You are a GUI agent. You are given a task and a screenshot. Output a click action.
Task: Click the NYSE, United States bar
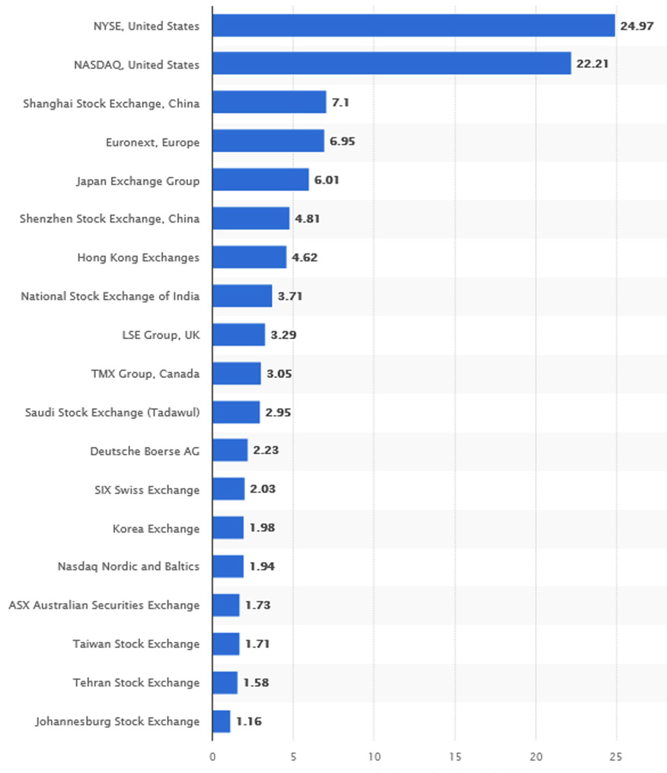413,26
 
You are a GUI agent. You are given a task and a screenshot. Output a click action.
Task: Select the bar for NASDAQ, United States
391,64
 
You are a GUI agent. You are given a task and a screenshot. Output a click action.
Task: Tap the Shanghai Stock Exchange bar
269,103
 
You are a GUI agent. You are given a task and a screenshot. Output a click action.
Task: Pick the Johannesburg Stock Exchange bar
221,721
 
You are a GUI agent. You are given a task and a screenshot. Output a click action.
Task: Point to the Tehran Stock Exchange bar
225,682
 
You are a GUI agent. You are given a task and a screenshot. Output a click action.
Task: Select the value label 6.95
342,142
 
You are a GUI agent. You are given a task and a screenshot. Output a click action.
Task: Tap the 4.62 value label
305,257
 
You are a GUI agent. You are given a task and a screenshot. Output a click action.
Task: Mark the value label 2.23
266,450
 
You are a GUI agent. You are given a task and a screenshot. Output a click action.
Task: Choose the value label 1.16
248,721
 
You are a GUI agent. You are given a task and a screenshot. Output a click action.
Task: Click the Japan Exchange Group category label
138,180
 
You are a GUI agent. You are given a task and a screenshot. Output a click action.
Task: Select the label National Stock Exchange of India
110,295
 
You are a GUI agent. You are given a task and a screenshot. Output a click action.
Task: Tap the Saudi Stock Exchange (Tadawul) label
113,412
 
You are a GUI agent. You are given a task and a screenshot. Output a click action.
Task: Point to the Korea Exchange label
156,528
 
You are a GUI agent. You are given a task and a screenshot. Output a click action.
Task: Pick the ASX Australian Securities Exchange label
104,605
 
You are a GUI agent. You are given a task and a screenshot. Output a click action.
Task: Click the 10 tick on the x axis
374,757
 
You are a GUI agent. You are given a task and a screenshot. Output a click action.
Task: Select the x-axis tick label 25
616,757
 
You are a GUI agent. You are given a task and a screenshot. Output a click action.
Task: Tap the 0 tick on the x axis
212,757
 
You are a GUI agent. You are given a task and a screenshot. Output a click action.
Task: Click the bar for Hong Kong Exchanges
249,257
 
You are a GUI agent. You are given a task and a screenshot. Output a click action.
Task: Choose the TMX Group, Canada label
145,373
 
